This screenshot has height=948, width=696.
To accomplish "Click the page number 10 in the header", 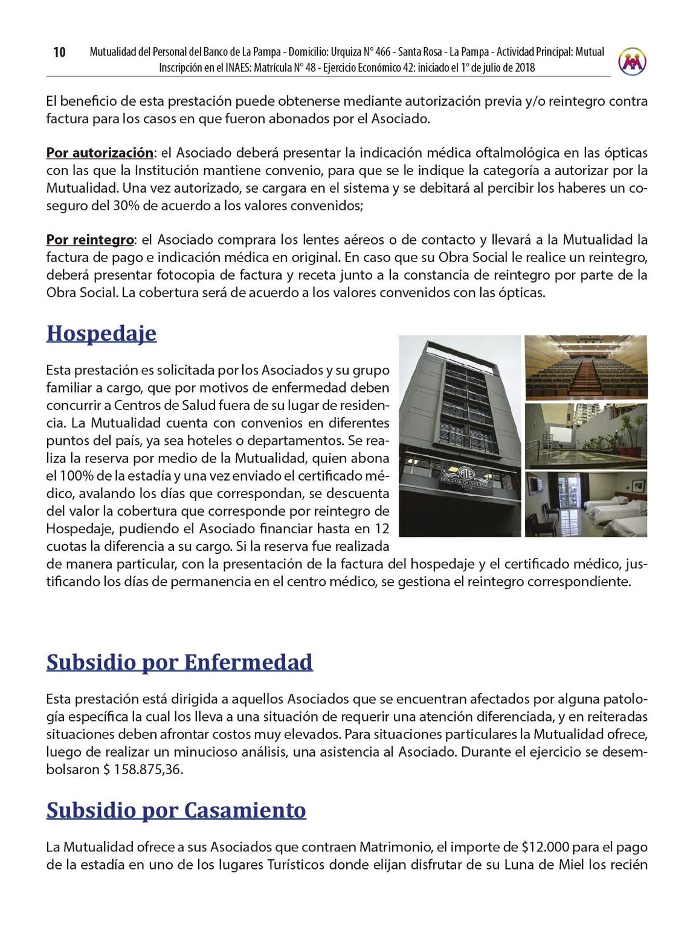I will tap(59, 53).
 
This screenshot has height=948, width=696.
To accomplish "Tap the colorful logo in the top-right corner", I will tap(632, 60).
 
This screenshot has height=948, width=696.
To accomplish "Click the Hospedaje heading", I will tap(101, 333).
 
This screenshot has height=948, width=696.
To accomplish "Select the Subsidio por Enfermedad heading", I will tap(179, 662).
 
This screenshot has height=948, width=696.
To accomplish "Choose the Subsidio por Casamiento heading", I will tap(176, 810).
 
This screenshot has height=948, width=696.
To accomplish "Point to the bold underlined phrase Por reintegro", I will tap(90, 240).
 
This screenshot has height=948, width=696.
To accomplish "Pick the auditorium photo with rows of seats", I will tap(585, 368).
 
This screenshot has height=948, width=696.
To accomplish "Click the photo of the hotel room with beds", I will tap(585, 505).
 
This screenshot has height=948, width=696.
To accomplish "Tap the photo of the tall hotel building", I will tap(459, 436).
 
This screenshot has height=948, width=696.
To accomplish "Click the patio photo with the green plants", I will tap(585, 436).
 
